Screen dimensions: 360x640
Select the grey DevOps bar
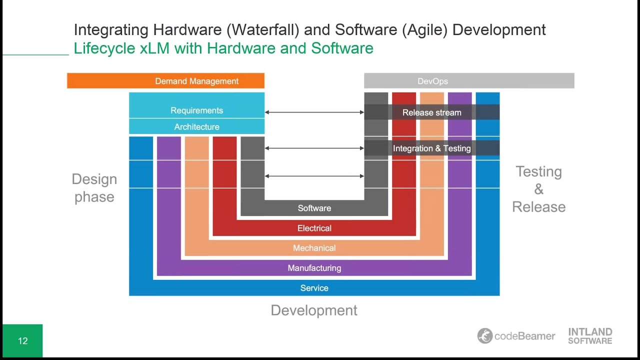coord(469,81)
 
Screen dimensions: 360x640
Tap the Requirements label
coord(196,110)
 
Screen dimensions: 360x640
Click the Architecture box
coord(196,127)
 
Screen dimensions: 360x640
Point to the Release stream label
coord(431,112)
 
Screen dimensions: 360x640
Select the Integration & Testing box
coord(431,148)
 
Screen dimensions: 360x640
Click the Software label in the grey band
coord(314,208)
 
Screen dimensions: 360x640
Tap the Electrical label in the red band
coord(314,228)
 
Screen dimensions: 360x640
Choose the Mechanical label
coord(314,248)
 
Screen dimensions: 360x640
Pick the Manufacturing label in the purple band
coord(314,268)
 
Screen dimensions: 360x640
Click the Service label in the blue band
coord(314,288)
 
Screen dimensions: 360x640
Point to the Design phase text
coord(94,188)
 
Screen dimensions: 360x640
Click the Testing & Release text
coord(538,189)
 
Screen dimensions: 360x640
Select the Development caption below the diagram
coord(314,310)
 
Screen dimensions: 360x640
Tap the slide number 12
coord(22,341)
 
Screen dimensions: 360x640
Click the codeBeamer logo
coord(516,336)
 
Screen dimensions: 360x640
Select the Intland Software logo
coord(590,336)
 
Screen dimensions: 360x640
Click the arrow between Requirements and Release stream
coord(314,112)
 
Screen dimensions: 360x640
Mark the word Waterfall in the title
coord(263,30)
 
